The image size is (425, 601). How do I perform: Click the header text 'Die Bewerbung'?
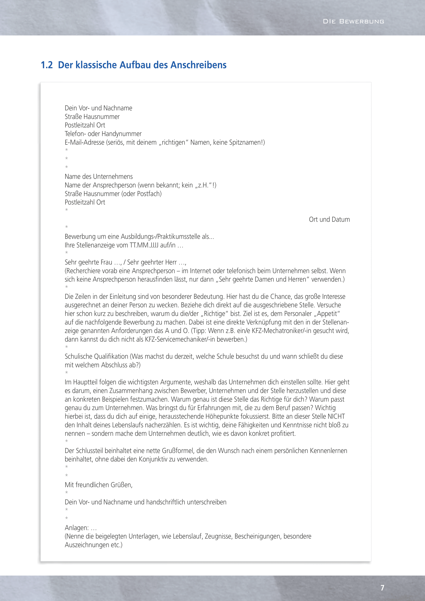pos(353,22)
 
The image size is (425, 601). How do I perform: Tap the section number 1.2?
pos(47,65)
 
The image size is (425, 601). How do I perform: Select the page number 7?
pos(382,588)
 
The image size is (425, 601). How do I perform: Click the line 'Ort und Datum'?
pos(329,219)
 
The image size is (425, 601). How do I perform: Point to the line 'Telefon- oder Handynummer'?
pos(103,134)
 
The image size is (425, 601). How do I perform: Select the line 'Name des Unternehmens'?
pos(99,177)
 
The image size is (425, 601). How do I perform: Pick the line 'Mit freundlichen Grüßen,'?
pos(99,485)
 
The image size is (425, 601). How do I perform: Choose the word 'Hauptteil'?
pos(85,382)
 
